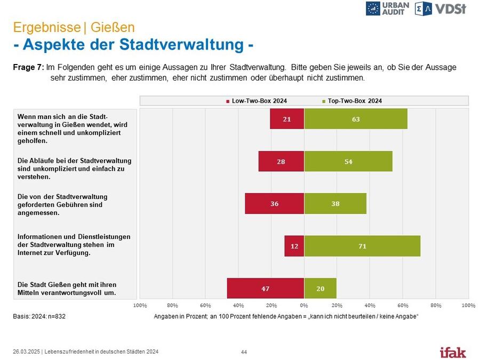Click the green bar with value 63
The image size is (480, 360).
[x=356, y=118]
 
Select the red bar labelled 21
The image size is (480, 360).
[x=287, y=118]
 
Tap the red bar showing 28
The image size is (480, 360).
[x=281, y=161]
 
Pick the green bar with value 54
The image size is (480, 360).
[x=348, y=161]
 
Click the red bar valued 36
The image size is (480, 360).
[x=275, y=203]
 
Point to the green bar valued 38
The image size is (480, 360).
[x=335, y=203]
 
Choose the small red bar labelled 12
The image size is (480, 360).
[x=294, y=246]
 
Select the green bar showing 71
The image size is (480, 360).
[x=362, y=246]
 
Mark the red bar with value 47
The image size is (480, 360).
[x=266, y=288]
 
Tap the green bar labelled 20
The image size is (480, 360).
[x=320, y=288]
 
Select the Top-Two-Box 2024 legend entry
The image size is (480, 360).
[x=352, y=101]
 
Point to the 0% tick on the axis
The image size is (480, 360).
[x=304, y=305]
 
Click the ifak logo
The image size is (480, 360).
[x=452, y=352]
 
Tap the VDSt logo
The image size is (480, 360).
[x=442, y=9]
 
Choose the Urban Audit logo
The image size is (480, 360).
[x=388, y=9]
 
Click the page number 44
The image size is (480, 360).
[x=244, y=352]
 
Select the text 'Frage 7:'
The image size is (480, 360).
[x=28, y=68]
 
